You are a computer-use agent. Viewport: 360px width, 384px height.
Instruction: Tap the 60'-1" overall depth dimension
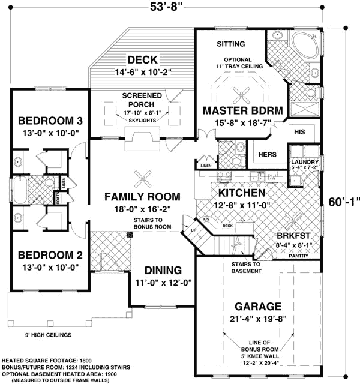[344, 201]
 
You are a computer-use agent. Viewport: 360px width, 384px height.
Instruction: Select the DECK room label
[142, 59]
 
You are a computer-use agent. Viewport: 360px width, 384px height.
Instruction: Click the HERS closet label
[267, 155]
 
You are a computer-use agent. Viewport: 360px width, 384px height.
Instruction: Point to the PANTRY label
[303, 256]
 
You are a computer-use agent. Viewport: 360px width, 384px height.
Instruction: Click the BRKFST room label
[294, 236]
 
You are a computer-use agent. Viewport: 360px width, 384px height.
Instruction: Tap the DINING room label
[159, 271]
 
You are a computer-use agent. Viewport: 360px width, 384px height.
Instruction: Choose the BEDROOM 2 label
[50, 254]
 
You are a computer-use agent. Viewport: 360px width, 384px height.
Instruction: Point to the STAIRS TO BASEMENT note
[247, 268]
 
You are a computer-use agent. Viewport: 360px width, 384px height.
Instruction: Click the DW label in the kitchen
[272, 176]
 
